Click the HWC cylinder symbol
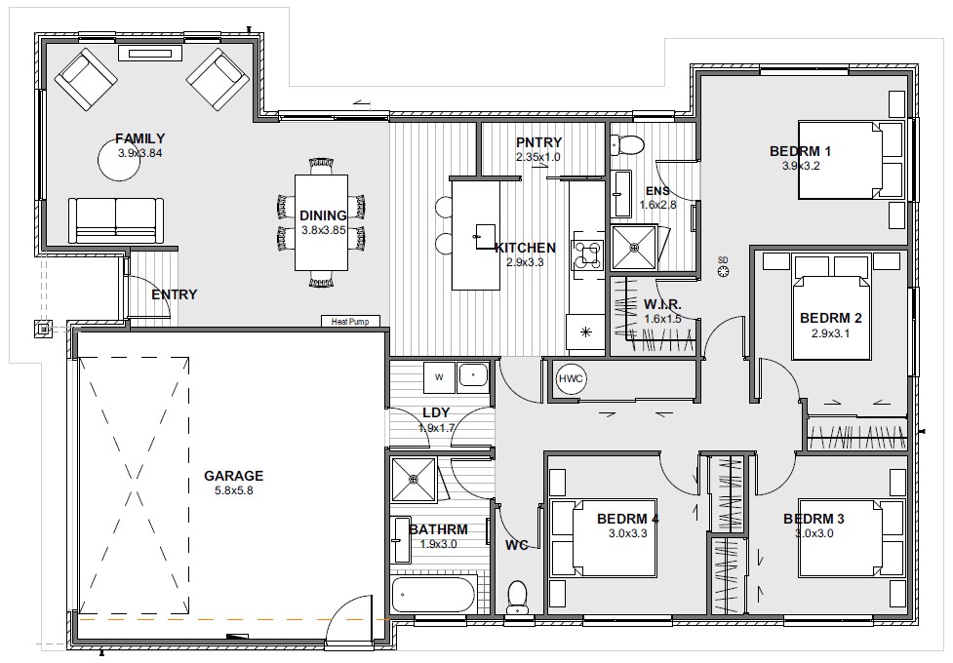571,379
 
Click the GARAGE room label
233,476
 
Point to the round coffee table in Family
121,158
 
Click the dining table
322,222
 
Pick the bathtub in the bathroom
433,595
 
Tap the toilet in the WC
517,598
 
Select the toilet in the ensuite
626,144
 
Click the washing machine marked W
439,376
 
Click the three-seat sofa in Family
115,220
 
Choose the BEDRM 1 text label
800,151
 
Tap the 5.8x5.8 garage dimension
233,490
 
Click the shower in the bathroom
414,480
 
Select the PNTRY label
538,142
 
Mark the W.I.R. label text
662,304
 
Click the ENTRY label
175,294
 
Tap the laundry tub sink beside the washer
473,375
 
